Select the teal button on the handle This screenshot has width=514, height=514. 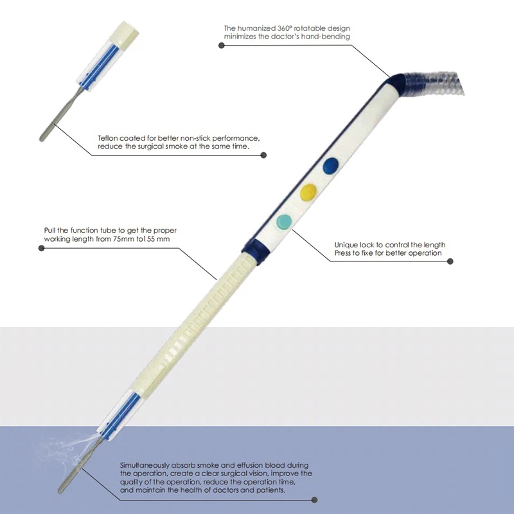283,220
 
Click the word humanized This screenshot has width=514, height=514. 260,28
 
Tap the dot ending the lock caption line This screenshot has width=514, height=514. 450,261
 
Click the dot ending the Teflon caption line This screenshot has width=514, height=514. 263,154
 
